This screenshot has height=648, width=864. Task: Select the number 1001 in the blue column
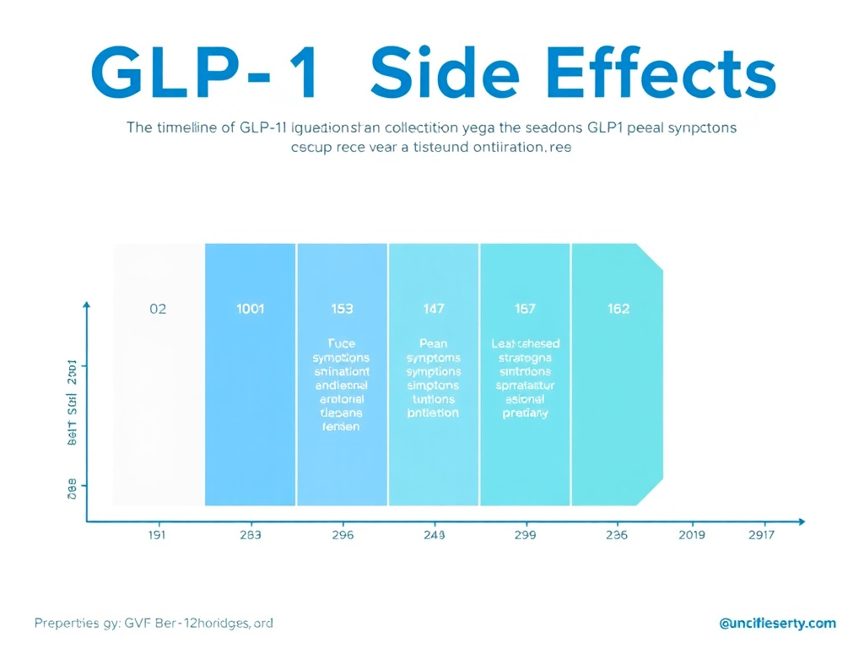[249, 309]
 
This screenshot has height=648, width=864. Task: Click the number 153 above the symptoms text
[341, 309]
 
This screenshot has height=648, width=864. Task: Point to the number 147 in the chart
[433, 309]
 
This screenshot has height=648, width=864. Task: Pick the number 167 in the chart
[525, 309]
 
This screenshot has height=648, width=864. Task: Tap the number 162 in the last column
[618, 309]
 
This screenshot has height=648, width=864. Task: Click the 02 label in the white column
[158, 309]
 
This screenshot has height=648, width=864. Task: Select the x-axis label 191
[158, 535]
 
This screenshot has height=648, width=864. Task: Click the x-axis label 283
[250, 535]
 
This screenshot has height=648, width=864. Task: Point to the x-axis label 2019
[692, 535]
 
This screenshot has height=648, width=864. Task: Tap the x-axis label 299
[525, 535]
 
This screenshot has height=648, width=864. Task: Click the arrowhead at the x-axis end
[801, 521]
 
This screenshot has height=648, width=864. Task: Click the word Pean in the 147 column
[433, 343]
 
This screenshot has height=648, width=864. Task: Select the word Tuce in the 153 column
[341, 343]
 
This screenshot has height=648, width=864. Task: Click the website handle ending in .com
[777, 624]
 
